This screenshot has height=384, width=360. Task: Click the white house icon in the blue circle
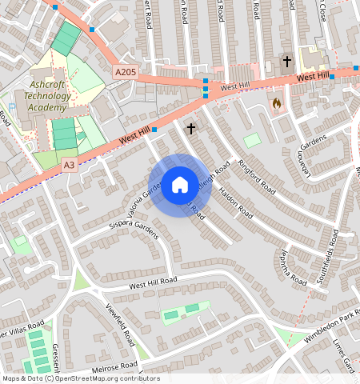[180, 185]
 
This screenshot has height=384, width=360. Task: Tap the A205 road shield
[125, 72]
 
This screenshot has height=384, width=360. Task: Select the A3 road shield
[70, 165]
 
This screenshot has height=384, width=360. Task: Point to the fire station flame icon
[277, 103]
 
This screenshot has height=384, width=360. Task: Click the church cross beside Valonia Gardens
[190, 128]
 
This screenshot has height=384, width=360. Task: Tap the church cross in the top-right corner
[286, 61]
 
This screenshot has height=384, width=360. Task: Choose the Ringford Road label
[257, 177]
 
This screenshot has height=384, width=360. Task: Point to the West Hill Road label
[152, 282]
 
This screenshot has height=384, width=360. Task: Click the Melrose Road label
[115, 366]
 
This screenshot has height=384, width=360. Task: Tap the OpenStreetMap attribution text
[81, 378]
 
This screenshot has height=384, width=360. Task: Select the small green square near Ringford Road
[252, 140]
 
